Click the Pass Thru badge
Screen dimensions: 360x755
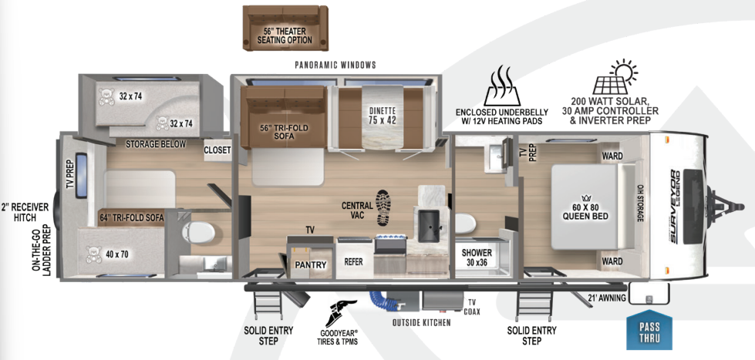click(649, 331)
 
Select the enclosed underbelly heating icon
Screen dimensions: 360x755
click(503, 85)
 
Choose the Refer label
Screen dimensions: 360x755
click(353, 262)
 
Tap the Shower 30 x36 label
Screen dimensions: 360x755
click(477, 257)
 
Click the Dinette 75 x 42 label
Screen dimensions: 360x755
click(383, 115)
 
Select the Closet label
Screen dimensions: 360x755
click(217, 150)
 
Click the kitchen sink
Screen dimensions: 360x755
click(429, 223)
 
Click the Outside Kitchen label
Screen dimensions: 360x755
click(421, 322)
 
